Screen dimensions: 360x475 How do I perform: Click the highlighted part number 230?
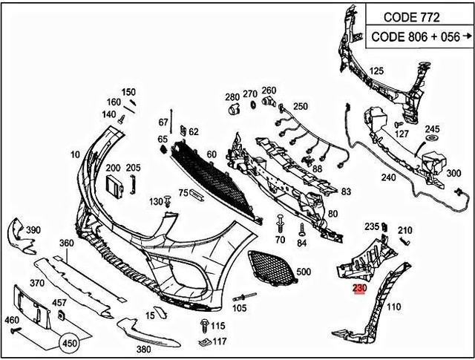360,289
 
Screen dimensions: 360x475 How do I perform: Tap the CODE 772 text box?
412,16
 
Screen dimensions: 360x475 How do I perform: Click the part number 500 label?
304,272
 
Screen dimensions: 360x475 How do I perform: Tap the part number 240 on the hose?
389,178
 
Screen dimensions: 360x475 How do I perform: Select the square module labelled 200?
114,186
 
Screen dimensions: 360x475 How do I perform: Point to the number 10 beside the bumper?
75,154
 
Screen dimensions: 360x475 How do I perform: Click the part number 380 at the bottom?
144,348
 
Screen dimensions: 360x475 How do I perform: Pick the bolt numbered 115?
203,324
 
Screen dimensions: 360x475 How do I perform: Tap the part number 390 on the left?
33,230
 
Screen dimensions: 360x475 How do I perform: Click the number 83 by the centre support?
346,192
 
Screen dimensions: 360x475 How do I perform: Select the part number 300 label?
453,173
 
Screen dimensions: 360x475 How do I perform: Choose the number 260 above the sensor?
269,91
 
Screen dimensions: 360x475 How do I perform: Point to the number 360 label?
67,243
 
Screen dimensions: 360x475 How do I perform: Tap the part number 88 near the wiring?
317,168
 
